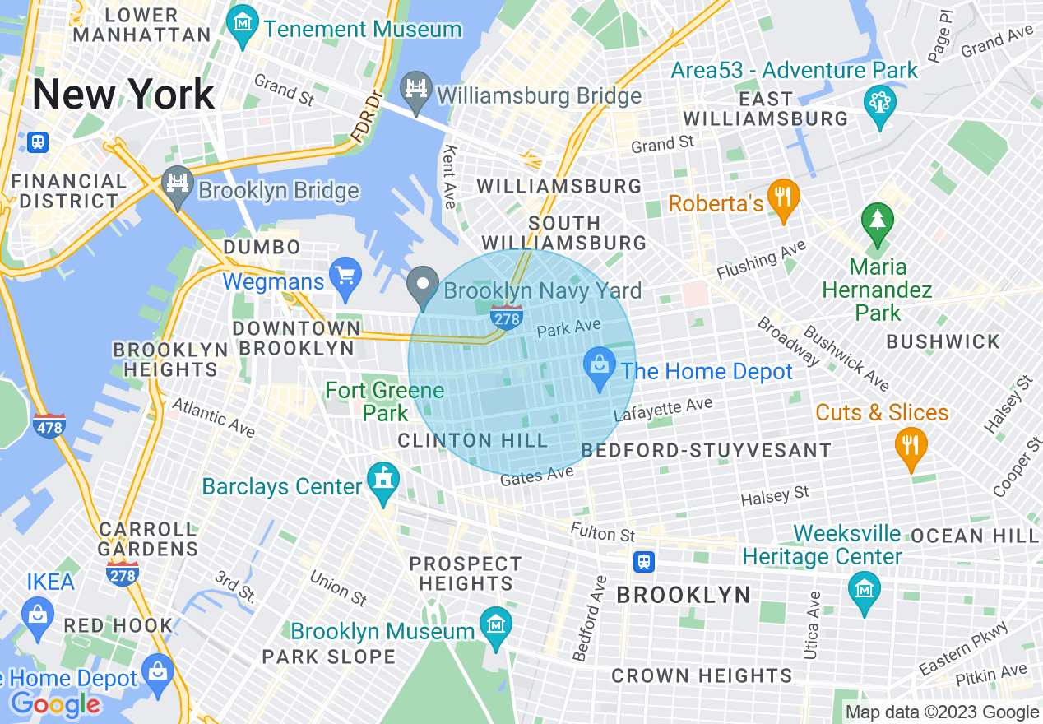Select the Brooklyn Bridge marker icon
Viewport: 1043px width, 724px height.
click(177, 186)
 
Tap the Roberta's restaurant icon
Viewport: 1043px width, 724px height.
click(783, 198)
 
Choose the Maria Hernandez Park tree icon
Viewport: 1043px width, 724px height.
click(878, 223)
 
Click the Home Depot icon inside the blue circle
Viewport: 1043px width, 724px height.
click(600, 366)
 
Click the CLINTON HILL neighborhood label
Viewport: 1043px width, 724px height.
click(472, 440)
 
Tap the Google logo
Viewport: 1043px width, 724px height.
click(55, 703)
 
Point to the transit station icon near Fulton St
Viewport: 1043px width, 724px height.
click(644, 561)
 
